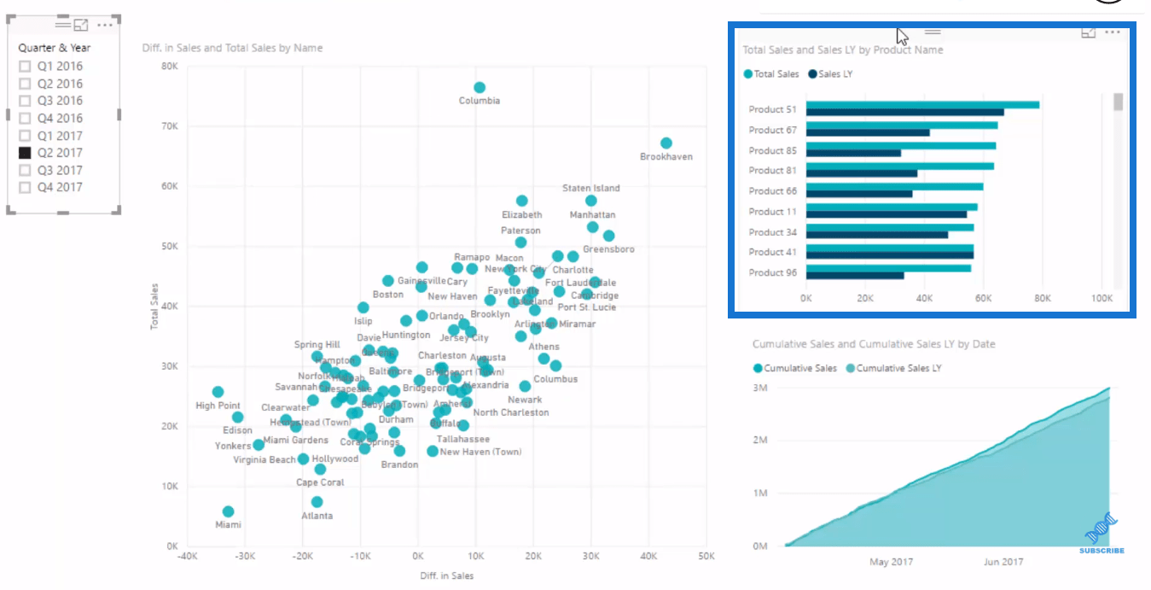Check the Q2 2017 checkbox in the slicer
pyautogui.click(x=25, y=153)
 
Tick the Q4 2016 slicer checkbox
pyautogui.click(x=25, y=118)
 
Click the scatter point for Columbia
pyautogui.click(x=480, y=87)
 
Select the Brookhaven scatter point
pyautogui.click(x=666, y=143)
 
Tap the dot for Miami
pyautogui.click(x=228, y=511)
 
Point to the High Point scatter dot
pyautogui.click(x=218, y=392)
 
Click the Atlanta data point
pyautogui.click(x=317, y=502)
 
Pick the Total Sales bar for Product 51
pyautogui.click(x=921, y=105)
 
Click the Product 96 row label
pyautogui.click(x=772, y=272)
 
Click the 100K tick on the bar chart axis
pyautogui.click(x=1102, y=299)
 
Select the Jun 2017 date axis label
pyautogui.click(x=1003, y=562)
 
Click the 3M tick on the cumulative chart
pyautogui.click(x=759, y=388)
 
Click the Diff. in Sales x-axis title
pyautogui.click(x=446, y=575)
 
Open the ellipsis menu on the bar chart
pyautogui.click(x=1112, y=32)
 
